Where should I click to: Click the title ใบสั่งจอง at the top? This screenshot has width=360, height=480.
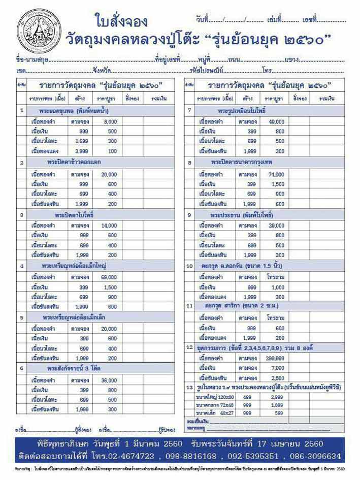[121, 21]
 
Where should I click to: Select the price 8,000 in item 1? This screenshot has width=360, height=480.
[110, 121]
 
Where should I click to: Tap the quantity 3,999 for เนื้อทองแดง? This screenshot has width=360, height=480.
[81, 151]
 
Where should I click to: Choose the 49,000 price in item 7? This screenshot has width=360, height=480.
[277, 121]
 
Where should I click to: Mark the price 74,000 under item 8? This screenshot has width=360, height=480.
[277, 174]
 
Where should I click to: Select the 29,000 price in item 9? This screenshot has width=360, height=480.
[277, 225]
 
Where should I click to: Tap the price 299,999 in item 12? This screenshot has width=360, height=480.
[277, 358]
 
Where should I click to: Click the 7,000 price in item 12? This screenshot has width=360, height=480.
[277, 368]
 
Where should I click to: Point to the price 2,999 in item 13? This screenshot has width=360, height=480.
[277, 397]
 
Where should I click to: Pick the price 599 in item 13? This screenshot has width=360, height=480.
[277, 413]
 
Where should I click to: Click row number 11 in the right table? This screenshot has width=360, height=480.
[189, 306]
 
